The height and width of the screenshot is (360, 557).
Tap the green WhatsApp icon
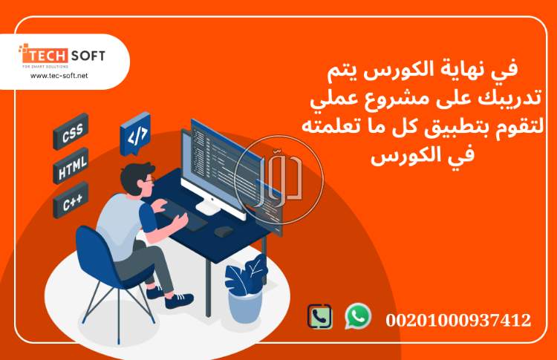(x=358, y=315)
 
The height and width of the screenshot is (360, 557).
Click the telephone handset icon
(x=320, y=317)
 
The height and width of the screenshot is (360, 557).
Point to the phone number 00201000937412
(x=458, y=321)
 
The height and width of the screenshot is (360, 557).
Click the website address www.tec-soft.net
(x=59, y=76)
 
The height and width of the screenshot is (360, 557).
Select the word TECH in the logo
(x=48, y=56)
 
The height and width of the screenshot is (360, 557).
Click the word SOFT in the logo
(x=88, y=56)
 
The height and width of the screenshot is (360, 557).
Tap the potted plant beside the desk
(x=245, y=289)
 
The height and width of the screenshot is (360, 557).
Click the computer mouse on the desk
(x=223, y=231)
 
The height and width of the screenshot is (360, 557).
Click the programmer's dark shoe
(x=178, y=300)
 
